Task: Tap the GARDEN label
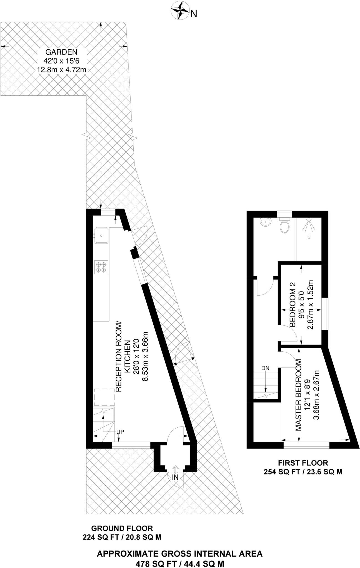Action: (61, 52)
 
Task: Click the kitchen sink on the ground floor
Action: (102, 235)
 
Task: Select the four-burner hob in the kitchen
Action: (101, 267)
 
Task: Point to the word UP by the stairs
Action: (120, 432)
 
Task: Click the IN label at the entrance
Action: (175, 477)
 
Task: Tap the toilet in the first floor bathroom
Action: (285, 225)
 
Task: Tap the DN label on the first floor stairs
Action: (265, 368)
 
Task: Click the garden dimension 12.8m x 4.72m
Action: (62, 70)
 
